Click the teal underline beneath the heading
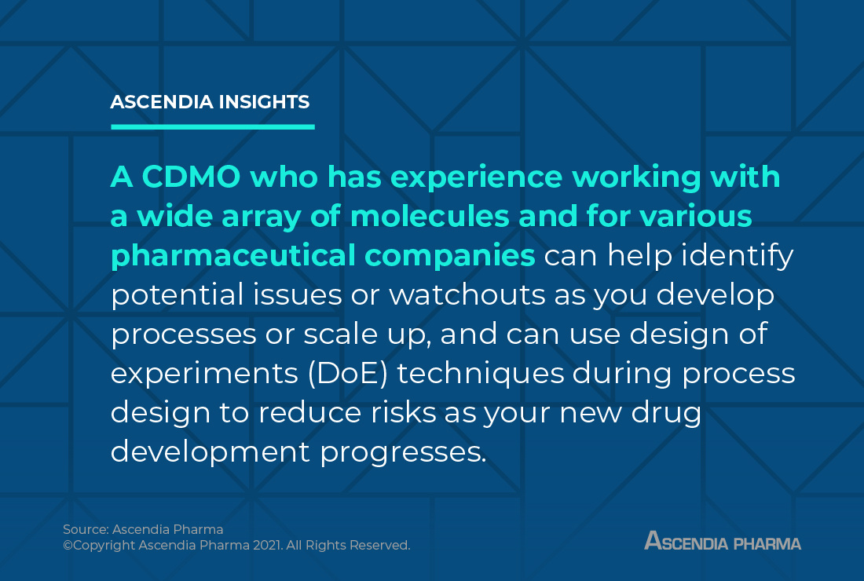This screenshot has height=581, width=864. coord(212,126)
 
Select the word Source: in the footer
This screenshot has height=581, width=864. coord(86,530)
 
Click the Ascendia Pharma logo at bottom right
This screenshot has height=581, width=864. coord(722,541)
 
